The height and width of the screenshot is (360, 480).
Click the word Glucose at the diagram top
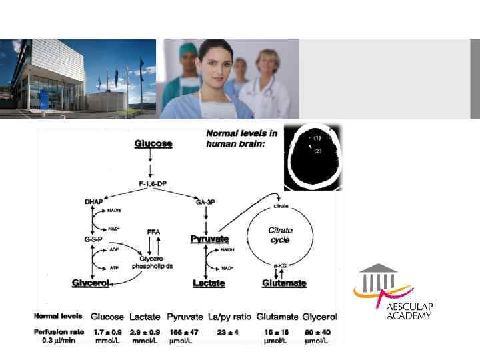coord(153,143)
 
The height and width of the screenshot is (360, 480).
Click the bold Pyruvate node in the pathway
coord(209,239)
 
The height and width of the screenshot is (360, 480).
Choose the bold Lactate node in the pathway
coord(209,283)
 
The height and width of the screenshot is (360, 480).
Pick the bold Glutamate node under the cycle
coord(284,283)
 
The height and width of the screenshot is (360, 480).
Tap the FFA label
coord(154,232)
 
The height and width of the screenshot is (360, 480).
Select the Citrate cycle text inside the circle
coord(280,235)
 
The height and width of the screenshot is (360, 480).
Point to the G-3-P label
coord(92,239)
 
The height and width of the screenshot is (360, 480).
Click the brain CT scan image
coord(313,157)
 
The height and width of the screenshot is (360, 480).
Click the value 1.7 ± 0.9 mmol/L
coord(107,335)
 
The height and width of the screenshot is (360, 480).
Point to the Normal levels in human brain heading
coord(242,138)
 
